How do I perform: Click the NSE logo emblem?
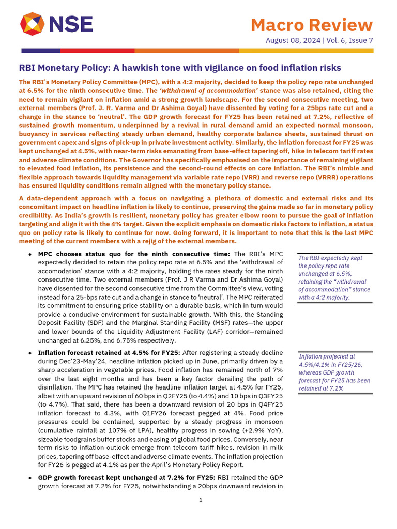pyautogui.click(x=32, y=24)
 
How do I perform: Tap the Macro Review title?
pyautogui.click(x=311, y=24)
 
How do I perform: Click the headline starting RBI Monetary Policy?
pyautogui.click(x=180, y=68)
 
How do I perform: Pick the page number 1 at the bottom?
pyautogui.click(x=200, y=500)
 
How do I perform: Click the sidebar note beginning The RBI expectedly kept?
pyautogui.click(x=334, y=277)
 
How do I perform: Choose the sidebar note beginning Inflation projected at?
pyautogui.click(x=334, y=372)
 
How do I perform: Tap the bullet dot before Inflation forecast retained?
pyautogui.click(x=31, y=353)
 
